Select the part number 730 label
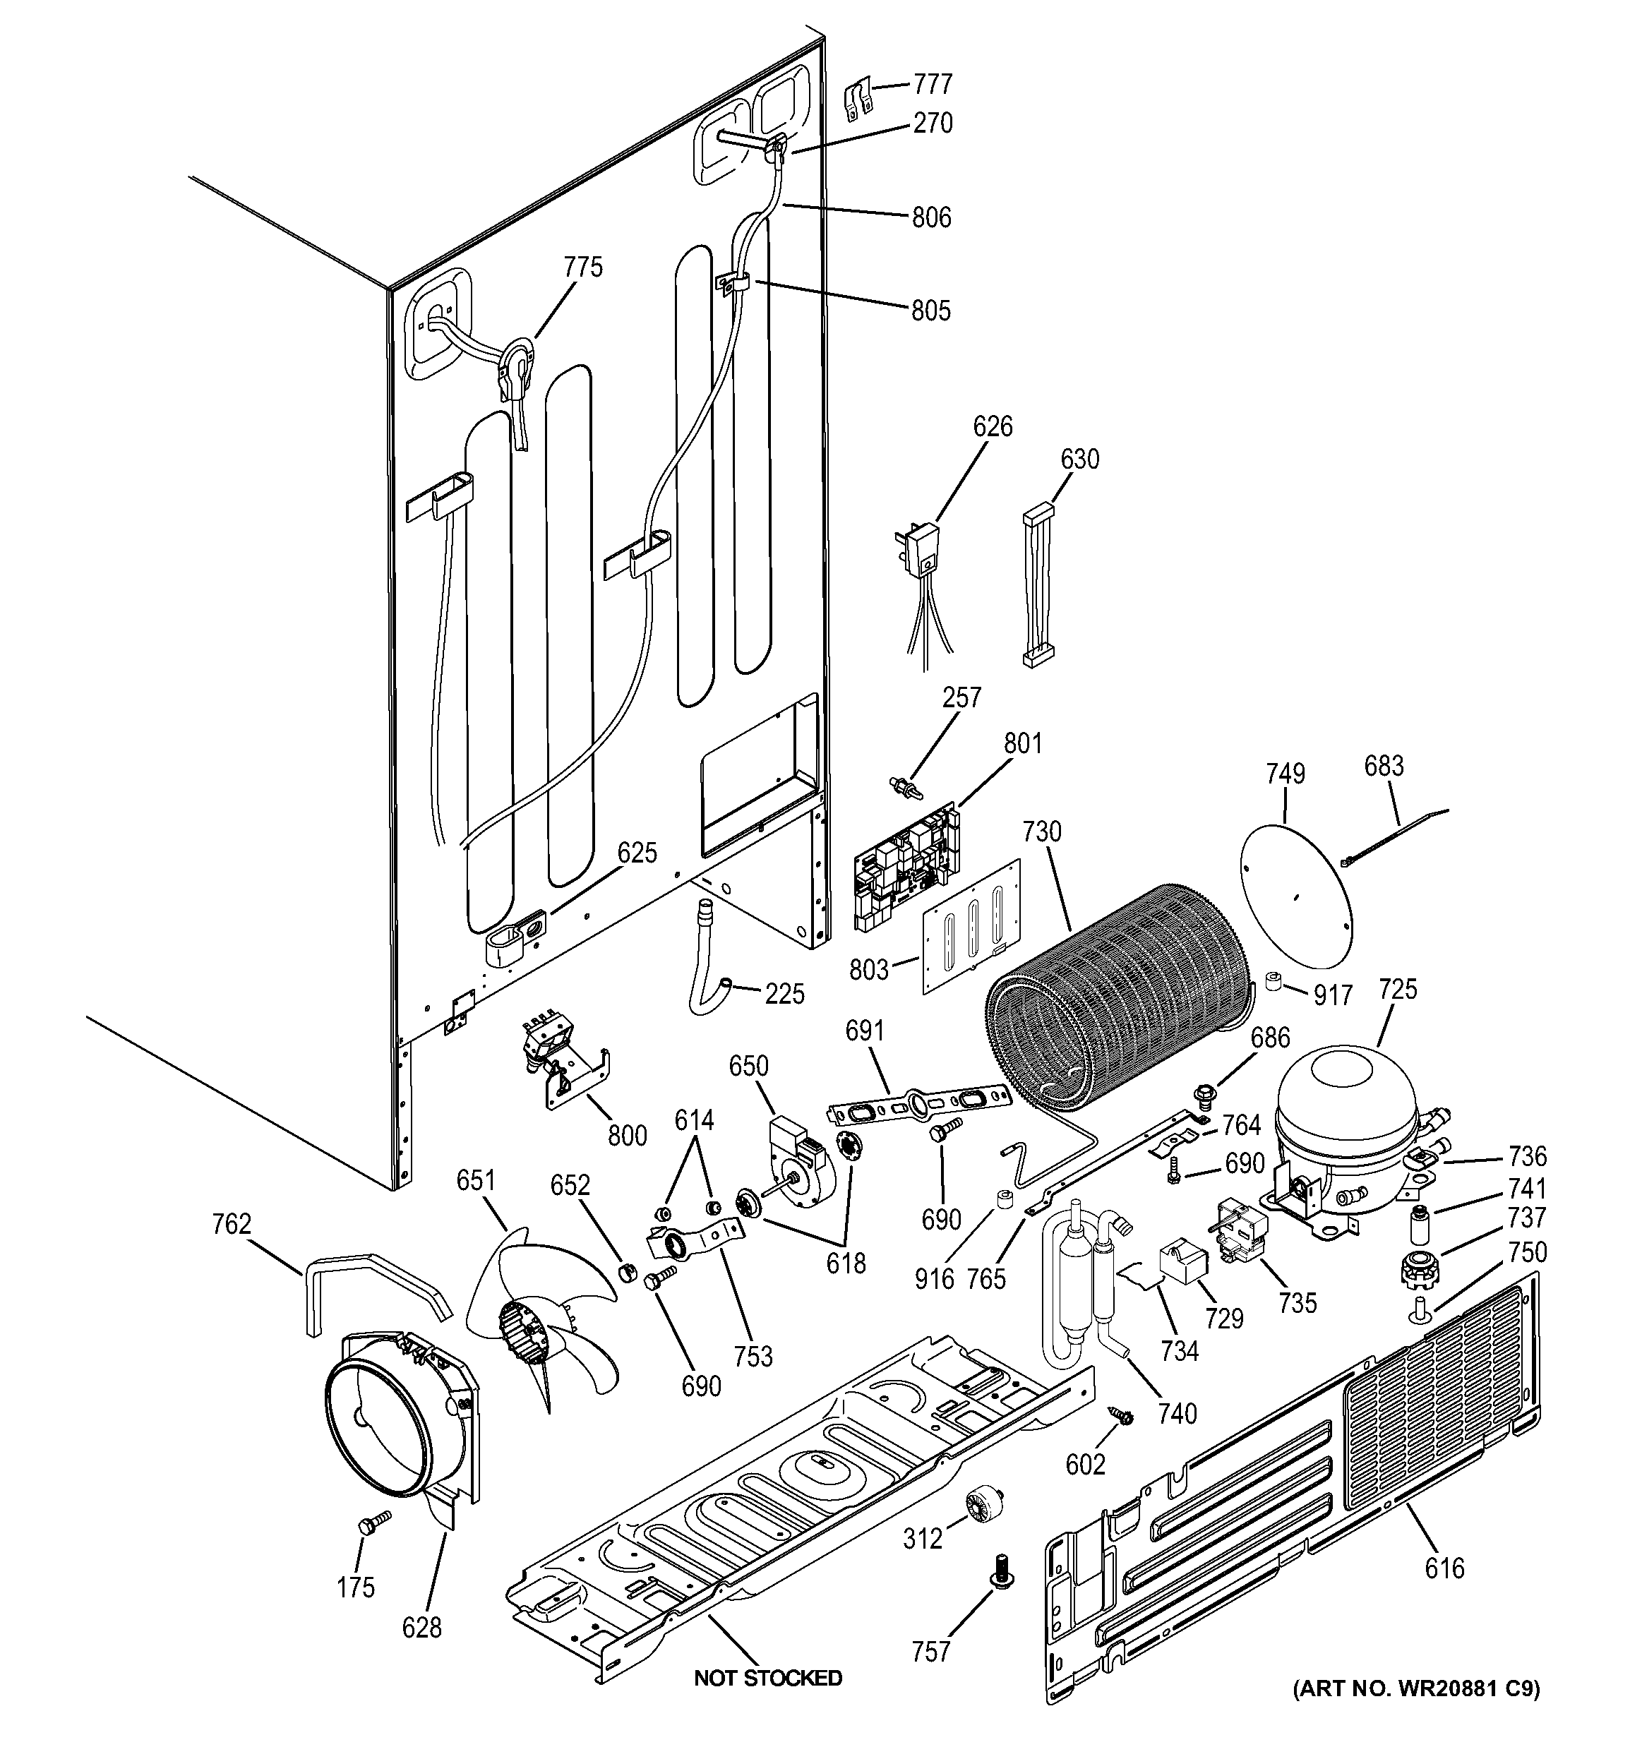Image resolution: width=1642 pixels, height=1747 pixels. click(1043, 832)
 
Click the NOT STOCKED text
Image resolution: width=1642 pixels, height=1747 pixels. click(767, 1678)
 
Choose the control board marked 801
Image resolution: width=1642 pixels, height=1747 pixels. click(906, 865)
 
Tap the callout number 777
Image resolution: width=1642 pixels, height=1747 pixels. click(933, 85)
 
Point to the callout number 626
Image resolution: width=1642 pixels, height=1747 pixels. click(993, 427)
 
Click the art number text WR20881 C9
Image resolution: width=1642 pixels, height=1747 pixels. click(1416, 1688)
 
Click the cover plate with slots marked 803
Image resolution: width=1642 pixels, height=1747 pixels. click(971, 927)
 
